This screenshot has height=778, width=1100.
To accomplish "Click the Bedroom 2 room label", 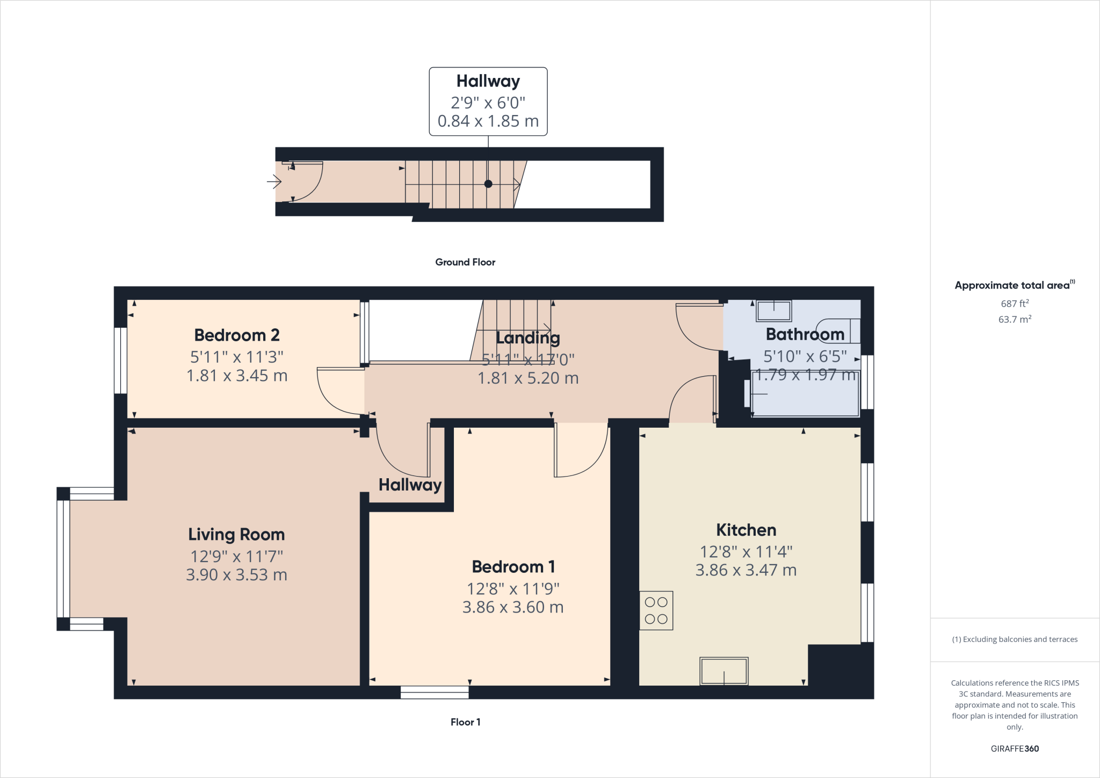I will point(237,335).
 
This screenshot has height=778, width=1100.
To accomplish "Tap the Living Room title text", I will point(236,535).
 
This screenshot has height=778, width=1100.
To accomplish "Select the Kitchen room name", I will point(746,530).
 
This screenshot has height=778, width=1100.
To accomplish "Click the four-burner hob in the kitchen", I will point(656,611).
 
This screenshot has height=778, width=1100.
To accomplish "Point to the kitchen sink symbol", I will point(723,671).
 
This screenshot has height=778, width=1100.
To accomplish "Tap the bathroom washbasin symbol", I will point(774,311).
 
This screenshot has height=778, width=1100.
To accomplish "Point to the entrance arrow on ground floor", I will point(274,182).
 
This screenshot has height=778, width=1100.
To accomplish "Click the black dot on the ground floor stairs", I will point(488,184).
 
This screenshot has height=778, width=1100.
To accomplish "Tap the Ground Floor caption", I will point(465,262).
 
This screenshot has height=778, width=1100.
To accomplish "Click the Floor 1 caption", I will point(465,722).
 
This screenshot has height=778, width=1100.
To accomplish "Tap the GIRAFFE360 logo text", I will point(1015,748).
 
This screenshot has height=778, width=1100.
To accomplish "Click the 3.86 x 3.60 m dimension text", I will point(513,608).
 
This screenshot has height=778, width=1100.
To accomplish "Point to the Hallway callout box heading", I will point(488,81).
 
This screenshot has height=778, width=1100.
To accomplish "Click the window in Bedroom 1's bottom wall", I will point(435,692).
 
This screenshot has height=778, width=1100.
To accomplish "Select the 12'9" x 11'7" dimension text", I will point(236,557).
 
